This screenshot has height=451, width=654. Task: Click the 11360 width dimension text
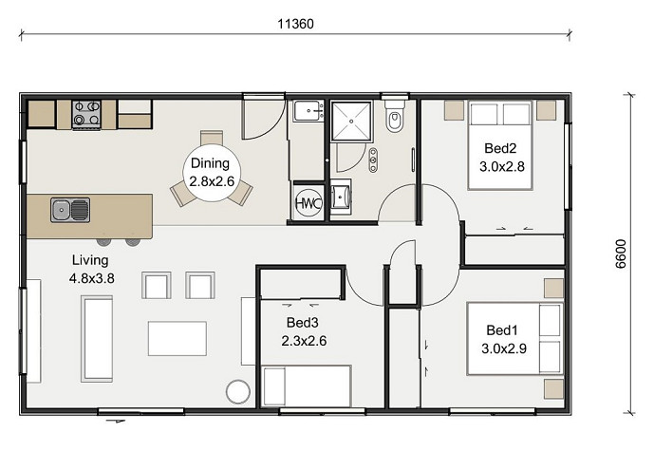(296, 24)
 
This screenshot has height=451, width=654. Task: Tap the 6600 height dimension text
(621, 254)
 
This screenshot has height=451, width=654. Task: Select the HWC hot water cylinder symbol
(308, 203)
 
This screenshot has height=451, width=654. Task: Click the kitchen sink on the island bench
(70, 210)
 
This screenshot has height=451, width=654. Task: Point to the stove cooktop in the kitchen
(86, 114)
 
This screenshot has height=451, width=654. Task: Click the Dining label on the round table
(210, 163)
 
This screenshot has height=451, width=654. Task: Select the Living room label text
(90, 260)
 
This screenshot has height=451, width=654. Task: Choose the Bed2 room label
(500, 148)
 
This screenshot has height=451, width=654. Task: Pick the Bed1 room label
(502, 330)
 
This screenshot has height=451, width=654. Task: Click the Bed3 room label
(303, 322)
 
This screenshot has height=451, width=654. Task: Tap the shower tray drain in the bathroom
(351, 121)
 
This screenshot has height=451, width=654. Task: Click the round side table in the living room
(238, 391)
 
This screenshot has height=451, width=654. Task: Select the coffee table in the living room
(178, 338)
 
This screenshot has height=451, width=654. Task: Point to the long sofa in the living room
(97, 339)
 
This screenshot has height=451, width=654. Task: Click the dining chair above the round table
(212, 138)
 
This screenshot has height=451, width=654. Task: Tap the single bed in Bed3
(307, 385)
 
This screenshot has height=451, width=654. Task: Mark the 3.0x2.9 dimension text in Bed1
(504, 348)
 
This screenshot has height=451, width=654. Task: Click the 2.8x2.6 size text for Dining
(212, 181)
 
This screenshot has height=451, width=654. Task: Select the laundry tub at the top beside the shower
(308, 110)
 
